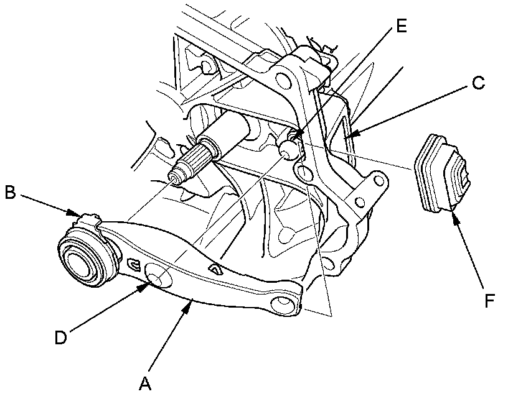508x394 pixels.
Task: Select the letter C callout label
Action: tap(478, 83)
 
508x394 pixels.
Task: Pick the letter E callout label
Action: tap(400, 26)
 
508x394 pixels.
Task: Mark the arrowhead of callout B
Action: tap(78, 214)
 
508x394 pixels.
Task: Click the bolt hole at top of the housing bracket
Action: tap(283, 80)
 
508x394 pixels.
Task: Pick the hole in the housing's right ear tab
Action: tap(375, 181)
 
